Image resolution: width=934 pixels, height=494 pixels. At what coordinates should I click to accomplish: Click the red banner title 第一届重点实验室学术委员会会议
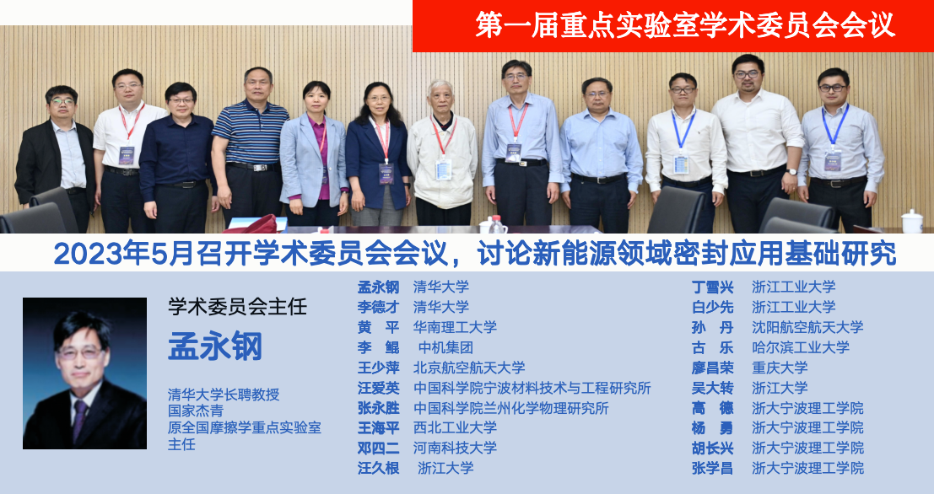pyautogui.click(x=685, y=25)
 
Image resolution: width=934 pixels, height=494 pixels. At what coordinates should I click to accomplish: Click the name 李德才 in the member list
pyautogui.click(x=378, y=307)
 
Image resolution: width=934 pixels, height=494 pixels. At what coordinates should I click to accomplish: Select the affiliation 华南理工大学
pyautogui.click(x=455, y=327)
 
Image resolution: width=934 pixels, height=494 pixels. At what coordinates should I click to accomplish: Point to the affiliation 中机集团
pyautogui.click(x=445, y=347)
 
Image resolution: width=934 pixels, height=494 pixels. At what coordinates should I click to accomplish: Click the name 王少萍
pyautogui.click(x=378, y=368)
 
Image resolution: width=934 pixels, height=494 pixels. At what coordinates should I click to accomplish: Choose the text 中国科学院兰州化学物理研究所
pyautogui.click(x=511, y=408)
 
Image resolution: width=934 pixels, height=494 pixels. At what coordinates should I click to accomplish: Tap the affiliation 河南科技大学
pyautogui.click(x=455, y=448)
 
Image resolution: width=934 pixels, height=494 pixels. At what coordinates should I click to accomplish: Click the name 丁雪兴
pyautogui.click(x=712, y=287)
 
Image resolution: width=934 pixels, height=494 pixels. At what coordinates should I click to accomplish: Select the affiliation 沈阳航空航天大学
pyautogui.click(x=807, y=327)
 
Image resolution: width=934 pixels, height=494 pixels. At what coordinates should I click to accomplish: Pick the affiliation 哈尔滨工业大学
pyautogui.click(x=801, y=347)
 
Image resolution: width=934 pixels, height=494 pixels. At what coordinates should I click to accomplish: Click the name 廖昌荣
pyautogui.click(x=712, y=368)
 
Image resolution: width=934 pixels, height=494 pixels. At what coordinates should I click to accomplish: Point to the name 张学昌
pyautogui.click(x=712, y=469)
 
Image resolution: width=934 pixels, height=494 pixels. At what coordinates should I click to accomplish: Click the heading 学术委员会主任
pyautogui.click(x=237, y=307)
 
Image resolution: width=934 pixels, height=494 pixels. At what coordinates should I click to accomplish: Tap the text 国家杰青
pyautogui.click(x=196, y=411)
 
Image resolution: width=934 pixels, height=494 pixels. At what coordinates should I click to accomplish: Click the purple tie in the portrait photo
pyautogui.click(x=78, y=419)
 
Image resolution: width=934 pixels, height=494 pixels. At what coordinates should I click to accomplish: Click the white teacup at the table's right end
pyautogui.click(x=911, y=222)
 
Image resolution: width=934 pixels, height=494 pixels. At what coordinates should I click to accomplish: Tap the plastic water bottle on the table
pyautogui.click(x=497, y=224)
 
